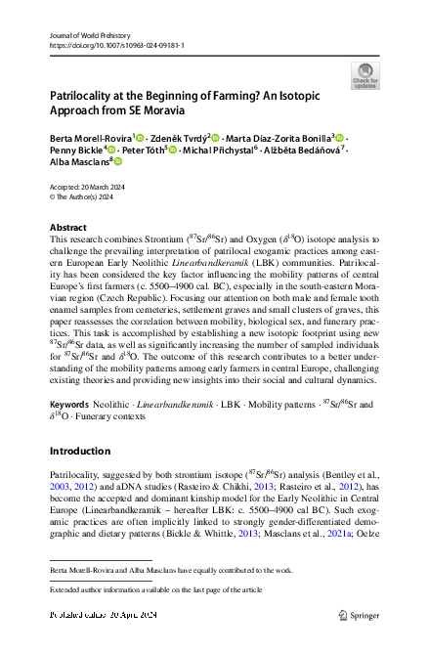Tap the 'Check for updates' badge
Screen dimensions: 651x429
tap(364, 76)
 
